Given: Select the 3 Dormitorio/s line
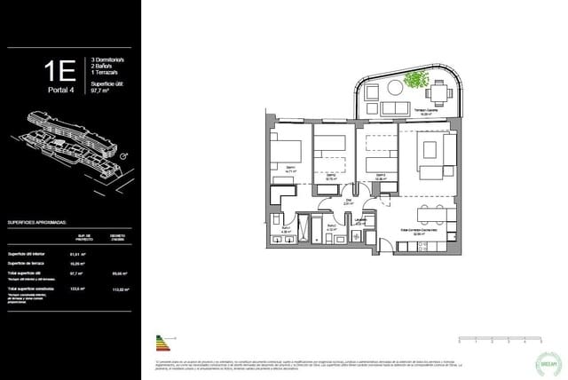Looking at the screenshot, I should tap(110, 59).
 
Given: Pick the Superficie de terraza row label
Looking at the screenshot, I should tap(28, 264).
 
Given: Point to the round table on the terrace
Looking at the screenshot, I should tap(393, 88).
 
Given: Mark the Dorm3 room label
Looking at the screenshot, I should tap(380, 176).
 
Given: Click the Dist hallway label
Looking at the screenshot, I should tap(348, 202).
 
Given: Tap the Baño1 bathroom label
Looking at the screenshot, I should tap(287, 231).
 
